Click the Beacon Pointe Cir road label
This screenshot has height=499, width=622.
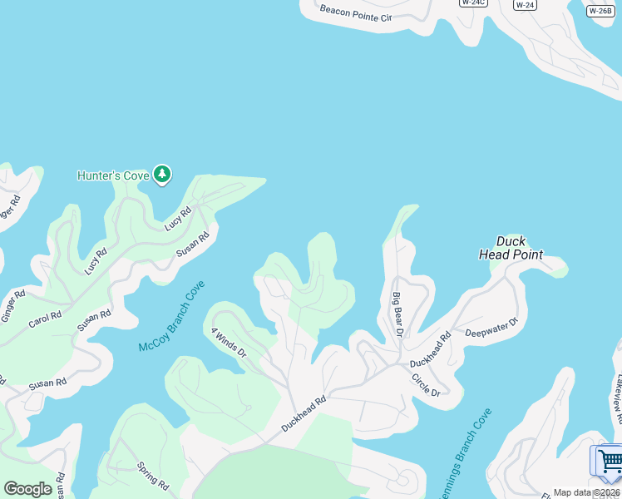pos(355,13)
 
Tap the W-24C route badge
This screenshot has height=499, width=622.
pos(472,2)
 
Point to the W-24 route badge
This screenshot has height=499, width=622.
pos(524,4)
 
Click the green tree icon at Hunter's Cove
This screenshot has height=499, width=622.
pos(162,174)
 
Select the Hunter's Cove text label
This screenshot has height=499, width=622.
pos(113,175)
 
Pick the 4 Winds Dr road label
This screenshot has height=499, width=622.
pos(229,342)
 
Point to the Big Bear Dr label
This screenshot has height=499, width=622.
pos(397,314)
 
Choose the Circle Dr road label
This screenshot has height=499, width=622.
pos(425,384)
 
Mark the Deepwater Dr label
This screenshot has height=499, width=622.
pos(491,327)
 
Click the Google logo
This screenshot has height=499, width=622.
pos(27,489)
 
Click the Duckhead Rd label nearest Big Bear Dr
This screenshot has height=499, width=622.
pos(430,350)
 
